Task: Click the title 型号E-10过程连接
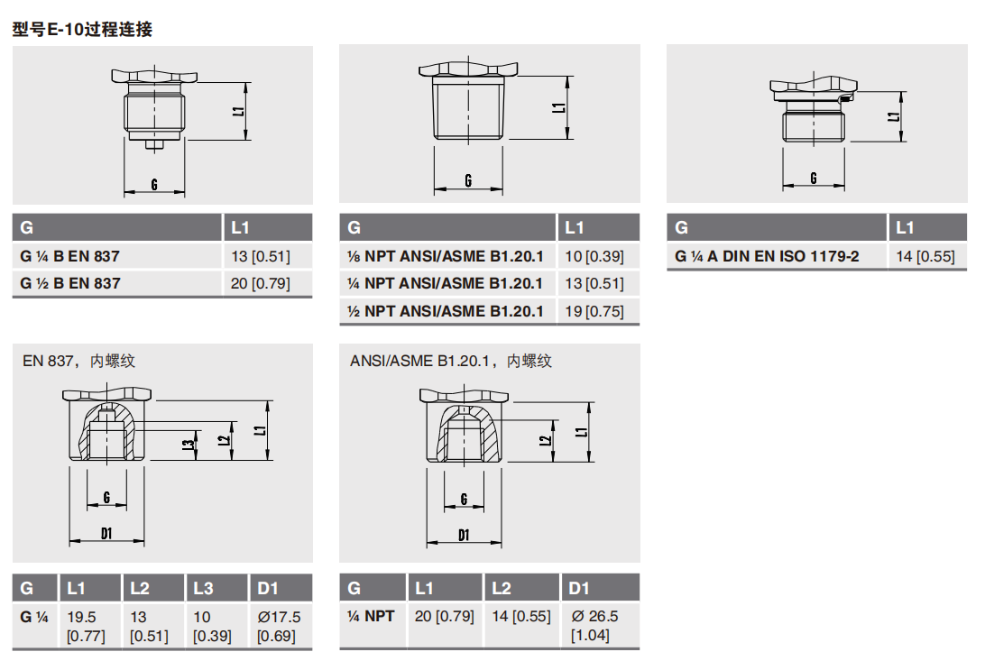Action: pos(82,30)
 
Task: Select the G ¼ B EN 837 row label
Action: pos(69,256)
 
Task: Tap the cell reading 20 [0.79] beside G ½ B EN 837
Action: pos(260,284)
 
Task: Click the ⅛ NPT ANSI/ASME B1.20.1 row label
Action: pos(445,256)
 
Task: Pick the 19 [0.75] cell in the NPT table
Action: pos(594,311)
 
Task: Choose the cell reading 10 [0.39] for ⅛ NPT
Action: pos(594,256)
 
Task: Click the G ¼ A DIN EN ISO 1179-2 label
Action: pos(767,256)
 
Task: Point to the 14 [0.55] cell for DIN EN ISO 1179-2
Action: pos(925,256)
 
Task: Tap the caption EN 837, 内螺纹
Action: pos(79,361)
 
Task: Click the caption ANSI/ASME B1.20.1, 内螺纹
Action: pos(451,361)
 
